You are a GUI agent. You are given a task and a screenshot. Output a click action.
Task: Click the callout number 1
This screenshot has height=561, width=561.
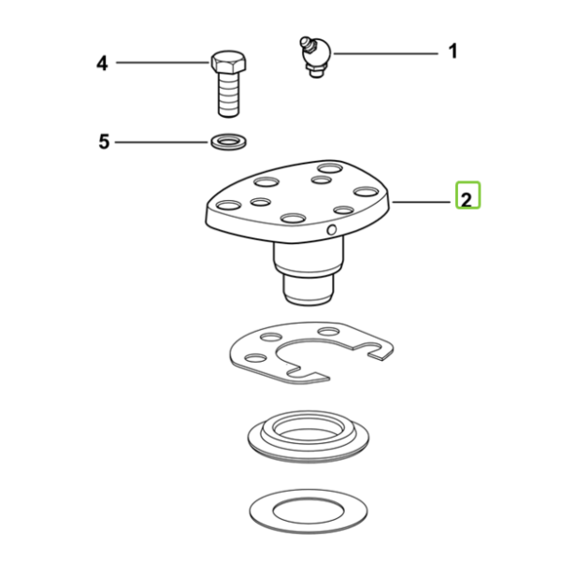point(453,51)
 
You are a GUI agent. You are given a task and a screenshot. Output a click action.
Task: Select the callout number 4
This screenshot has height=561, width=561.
point(102,64)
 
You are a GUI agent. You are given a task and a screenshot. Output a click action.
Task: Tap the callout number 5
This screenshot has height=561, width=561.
point(104,142)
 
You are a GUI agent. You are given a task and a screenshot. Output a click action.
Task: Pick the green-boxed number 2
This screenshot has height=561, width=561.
point(467,199)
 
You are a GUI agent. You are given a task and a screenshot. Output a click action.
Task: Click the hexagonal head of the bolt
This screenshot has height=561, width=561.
point(228,62)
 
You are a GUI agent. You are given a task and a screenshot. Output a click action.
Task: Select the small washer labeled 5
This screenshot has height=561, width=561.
point(229,142)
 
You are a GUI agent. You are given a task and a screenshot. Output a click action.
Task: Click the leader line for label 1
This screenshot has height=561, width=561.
point(385,53)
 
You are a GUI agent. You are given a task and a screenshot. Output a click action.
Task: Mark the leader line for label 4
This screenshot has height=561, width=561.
point(163,63)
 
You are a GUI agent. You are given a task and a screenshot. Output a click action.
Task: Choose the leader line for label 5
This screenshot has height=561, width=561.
point(161,142)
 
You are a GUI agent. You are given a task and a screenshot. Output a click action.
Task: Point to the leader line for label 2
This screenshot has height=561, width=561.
point(422,202)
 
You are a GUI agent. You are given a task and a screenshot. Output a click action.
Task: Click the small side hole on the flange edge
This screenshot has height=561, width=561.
point(332,230)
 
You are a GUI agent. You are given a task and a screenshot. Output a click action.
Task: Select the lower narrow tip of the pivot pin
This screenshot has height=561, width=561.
point(309,290)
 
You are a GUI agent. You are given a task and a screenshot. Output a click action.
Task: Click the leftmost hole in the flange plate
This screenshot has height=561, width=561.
point(229,206)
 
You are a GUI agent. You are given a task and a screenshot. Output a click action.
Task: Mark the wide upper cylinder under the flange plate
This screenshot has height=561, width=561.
point(309,257)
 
